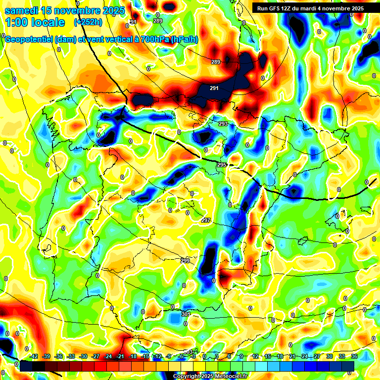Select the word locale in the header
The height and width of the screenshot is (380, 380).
click(47, 22)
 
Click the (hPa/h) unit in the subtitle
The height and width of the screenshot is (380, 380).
click(184, 40)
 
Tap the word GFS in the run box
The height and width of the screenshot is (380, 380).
click(275, 8)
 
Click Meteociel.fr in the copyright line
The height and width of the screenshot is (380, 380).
click(231, 377)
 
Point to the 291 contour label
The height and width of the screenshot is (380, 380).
click(214, 88)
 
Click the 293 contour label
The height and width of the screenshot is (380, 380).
click(223, 124)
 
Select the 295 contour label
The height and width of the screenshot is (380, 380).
click(221, 165)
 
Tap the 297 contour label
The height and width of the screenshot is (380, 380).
click(206, 220)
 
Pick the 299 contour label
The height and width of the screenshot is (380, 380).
click(185, 261)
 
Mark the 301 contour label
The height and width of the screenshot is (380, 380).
click(186, 314)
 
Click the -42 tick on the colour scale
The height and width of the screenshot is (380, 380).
click(34, 356)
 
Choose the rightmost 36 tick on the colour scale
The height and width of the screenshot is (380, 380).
click(354, 356)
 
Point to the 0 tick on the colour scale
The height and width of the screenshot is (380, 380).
click(204, 356)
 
